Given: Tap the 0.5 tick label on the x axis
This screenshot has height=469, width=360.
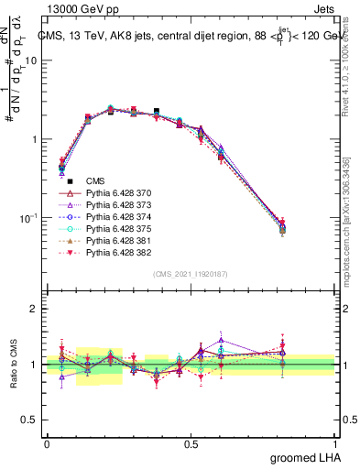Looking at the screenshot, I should click(191, 443).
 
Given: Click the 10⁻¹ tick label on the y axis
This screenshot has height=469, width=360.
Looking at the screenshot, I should click(27, 219).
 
